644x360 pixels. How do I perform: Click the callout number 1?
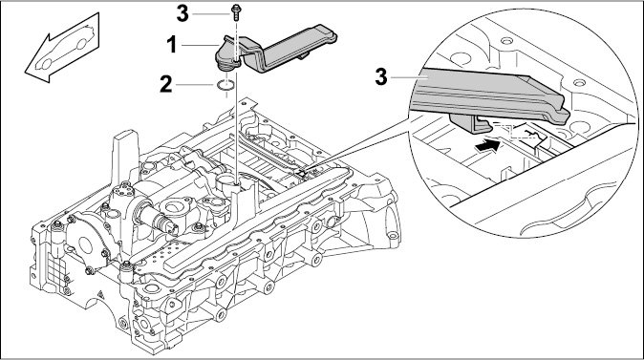tap(172, 44)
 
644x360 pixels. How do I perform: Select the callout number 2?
tap(166, 84)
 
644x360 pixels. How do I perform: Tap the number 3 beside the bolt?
tap(182, 13)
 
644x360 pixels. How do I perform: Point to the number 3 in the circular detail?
tap(381, 76)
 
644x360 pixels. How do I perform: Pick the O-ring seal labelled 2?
tap(225, 85)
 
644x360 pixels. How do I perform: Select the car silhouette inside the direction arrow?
tap(65, 47)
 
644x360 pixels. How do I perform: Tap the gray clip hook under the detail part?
tap(471, 123)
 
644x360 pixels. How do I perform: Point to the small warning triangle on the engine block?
tap(99, 294)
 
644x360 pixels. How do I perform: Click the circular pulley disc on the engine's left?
tap(85, 244)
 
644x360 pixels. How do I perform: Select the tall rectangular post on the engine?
tap(125, 159)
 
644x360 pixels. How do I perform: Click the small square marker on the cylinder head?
tap(302, 174)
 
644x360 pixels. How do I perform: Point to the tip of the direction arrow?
tap(26, 71)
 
